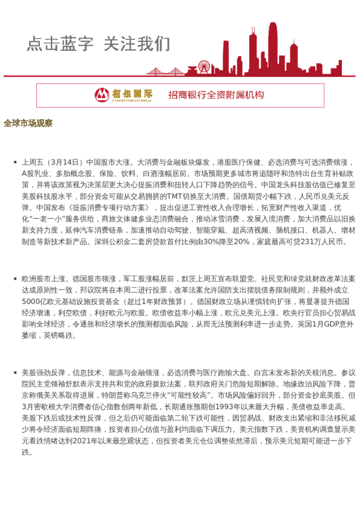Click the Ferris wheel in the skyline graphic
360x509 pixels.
coord(205,66)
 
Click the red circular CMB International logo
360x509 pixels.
coord(102,95)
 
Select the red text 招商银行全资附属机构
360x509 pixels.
coord(216,95)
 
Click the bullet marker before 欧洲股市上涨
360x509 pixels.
coord(15,279)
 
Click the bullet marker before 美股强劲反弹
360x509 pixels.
coord(15,374)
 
